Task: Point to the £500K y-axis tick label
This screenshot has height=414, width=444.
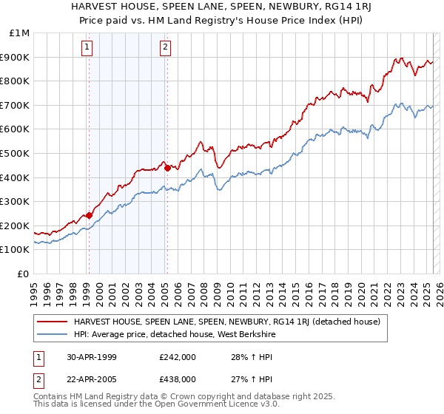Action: click(x=16, y=154)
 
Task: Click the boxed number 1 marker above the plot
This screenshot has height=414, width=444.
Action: click(x=87, y=48)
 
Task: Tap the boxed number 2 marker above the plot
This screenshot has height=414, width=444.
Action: click(x=164, y=48)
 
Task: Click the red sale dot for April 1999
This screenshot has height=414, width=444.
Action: click(x=90, y=215)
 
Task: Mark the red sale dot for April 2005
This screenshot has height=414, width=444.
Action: click(x=168, y=168)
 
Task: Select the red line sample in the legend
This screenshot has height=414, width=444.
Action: click(x=53, y=322)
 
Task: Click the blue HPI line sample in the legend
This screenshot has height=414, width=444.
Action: click(x=53, y=334)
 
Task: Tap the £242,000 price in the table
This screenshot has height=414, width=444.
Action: click(x=177, y=356)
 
